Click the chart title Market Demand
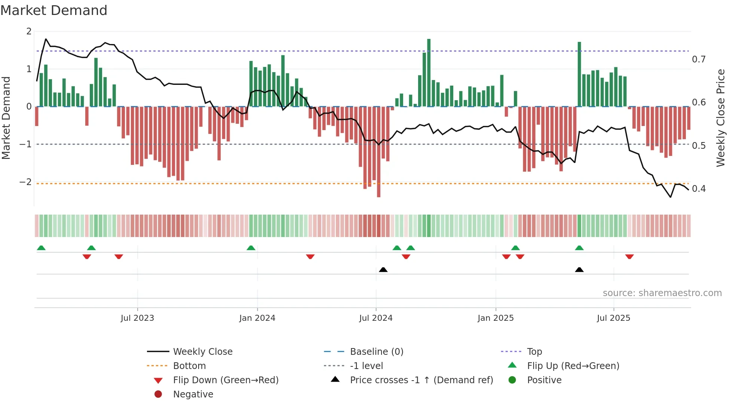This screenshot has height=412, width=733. [54, 10]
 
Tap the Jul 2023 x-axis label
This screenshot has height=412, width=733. [137, 318]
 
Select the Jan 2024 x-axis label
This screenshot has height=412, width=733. [257, 318]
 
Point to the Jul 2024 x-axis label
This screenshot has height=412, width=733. [376, 318]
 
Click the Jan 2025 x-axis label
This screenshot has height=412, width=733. [496, 318]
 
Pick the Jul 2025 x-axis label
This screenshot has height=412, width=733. [613, 318]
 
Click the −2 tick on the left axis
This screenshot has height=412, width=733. [25, 182]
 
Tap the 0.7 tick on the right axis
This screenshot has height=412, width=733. [699, 59]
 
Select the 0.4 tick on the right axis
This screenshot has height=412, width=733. [699, 188]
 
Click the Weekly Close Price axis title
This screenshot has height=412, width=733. [721, 118]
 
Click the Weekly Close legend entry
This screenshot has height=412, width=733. [203, 352]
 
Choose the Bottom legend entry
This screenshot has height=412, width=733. [189, 366]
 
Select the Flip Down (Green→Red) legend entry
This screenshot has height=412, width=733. [226, 380]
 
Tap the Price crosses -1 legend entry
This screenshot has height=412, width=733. [421, 380]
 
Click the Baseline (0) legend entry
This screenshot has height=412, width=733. [377, 352]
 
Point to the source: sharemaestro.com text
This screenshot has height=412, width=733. [662, 293]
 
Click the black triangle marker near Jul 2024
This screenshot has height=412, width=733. [383, 270]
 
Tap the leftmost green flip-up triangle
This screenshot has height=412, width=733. [41, 248]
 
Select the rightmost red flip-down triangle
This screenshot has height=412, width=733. [629, 256]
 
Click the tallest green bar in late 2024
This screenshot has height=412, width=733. [429, 73]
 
